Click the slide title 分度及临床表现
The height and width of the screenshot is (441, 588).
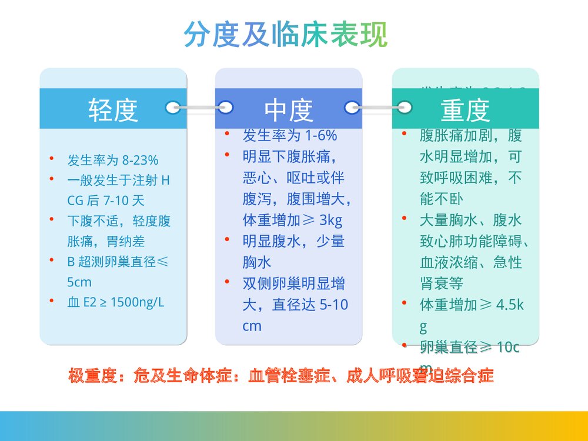click(x=286, y=35)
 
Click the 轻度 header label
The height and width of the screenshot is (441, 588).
click(x=113, y=109)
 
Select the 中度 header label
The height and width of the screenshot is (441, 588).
click(x=288, y=109)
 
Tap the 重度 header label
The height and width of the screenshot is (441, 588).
click(x=465, y=109)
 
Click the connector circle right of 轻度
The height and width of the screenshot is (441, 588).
click(x=173, y=107)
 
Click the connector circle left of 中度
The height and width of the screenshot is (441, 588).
click(x=225, y=107)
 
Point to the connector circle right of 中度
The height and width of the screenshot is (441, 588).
click(x=352, y=107)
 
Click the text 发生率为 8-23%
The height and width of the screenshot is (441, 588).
click(x=112, y=161)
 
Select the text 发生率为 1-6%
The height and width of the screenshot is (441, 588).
click(x=290, y=136)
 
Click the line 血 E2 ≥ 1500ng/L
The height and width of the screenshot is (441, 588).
click(x=116, y=303)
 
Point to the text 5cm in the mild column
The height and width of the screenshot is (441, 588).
click(x=79, y=282)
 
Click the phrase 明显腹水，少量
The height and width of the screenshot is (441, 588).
click(x=293, y=241)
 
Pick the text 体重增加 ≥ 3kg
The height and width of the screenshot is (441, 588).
click(x=292, y=220)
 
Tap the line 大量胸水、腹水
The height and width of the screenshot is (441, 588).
click(x=470, y=220)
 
